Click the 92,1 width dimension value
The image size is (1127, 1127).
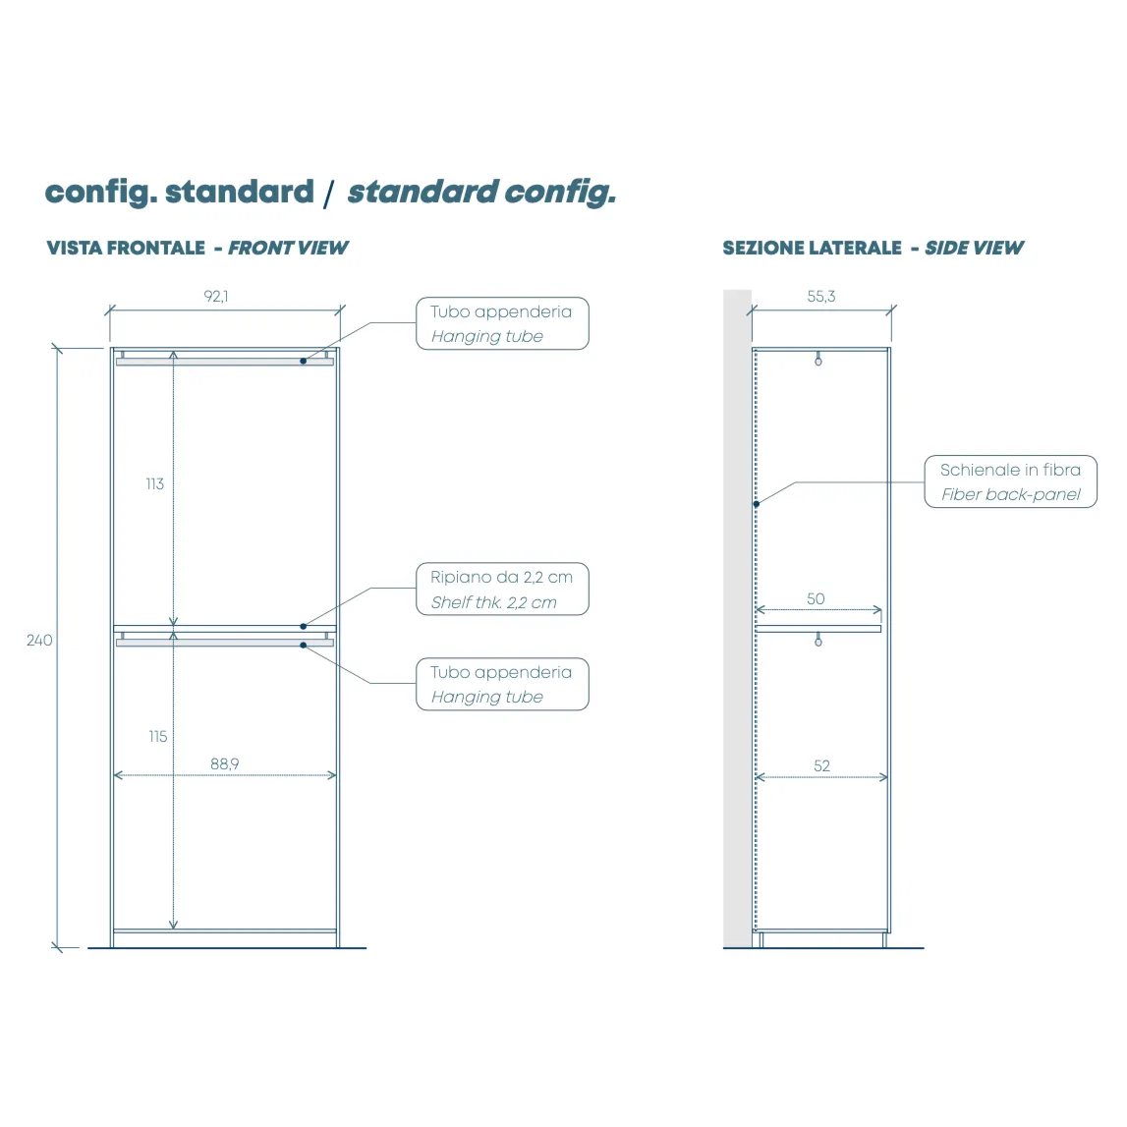pos(216,296)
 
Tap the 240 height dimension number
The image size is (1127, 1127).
pos(39,640)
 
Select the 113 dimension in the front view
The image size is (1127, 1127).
pos(154,483)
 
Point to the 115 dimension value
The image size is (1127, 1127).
pos(157,736)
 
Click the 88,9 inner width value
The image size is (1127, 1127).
pos(224,763)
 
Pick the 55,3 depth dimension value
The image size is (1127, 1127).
pos(821,296)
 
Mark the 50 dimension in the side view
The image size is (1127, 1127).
pos(816,598)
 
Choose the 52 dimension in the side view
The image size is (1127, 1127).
pos(821,765)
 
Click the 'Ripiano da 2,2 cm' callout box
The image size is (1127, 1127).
pos(502,590)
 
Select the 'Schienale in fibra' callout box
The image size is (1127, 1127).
pos(1010,481)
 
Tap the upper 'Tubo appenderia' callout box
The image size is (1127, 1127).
pos(502,323)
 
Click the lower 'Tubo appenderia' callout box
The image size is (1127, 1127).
pos(502,684)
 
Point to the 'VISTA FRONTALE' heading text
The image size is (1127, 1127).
pos(126,248)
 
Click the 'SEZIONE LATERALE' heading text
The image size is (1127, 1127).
pos(812,248)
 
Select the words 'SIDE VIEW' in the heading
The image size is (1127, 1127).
pos(974,248)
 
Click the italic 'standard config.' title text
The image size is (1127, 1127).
pos(481,192)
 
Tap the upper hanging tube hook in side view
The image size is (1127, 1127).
pos(818,360)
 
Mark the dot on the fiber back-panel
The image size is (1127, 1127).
pos(756,504)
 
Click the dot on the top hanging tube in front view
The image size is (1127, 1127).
pos(304,361)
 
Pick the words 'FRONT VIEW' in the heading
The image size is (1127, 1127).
pos(288,248)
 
